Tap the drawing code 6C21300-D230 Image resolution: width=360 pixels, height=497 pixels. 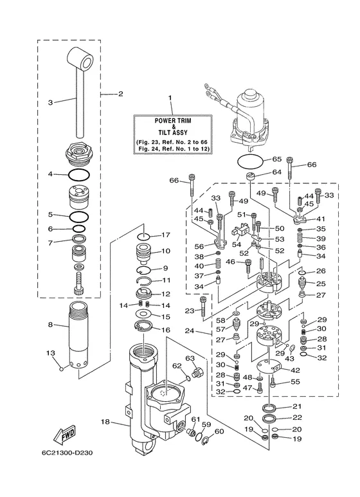(67, 453)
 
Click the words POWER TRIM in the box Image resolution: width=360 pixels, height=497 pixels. (173, 121)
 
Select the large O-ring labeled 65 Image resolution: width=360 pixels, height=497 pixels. (250, 162)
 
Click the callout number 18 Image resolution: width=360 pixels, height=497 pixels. (105, 422)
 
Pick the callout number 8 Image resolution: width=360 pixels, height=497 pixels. (50, 325)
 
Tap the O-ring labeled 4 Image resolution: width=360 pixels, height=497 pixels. (78, 174)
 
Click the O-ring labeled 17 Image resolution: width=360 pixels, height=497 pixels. (144, 237)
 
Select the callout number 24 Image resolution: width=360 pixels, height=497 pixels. (190, 331)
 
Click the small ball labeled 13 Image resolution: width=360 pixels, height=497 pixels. (62, 368)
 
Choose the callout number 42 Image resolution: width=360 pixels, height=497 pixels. (295, 370)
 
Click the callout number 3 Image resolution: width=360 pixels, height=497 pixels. (50, 102)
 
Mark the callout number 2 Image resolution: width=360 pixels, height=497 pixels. (121, 94)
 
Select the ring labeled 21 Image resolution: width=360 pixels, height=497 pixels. (269, 407)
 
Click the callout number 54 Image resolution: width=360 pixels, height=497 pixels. (237, 244)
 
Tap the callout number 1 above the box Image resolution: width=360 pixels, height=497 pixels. (170, 98)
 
